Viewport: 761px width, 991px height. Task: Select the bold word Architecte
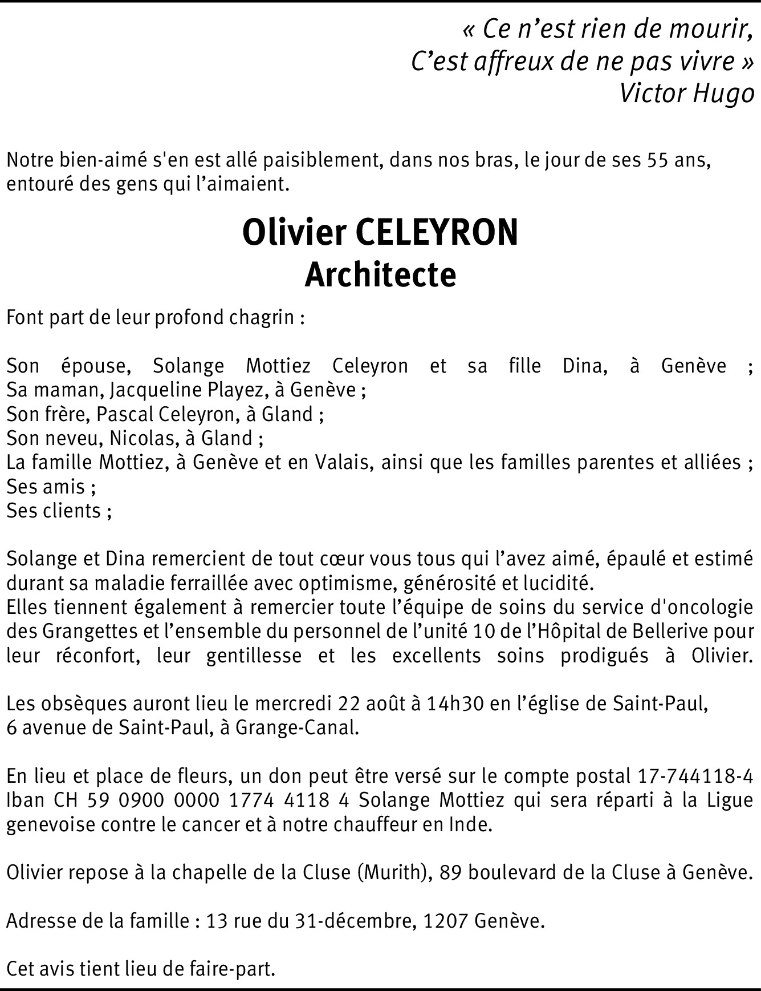[380, 275]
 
